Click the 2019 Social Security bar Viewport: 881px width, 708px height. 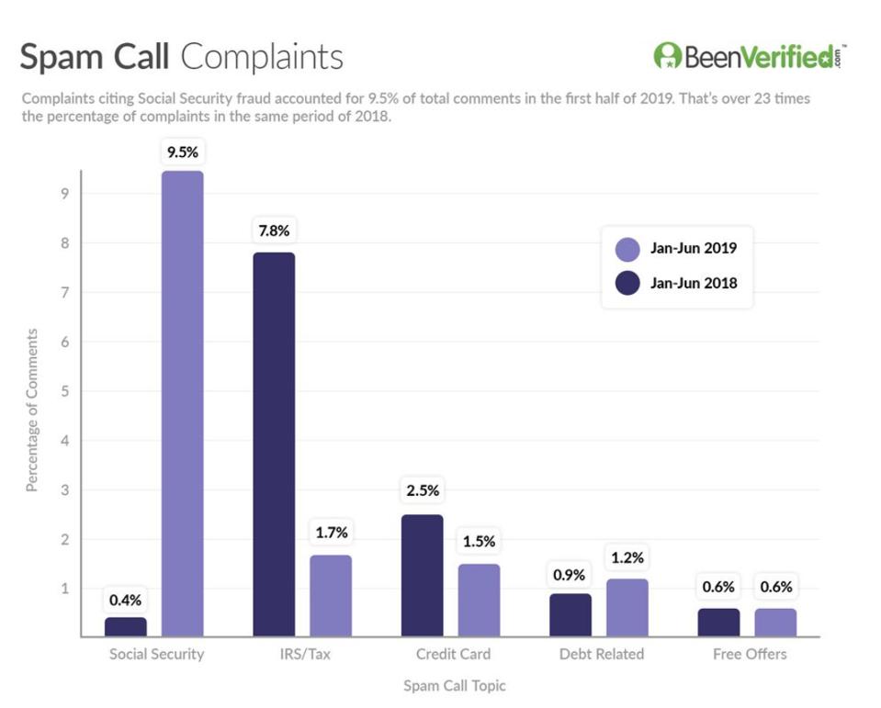tap(182, 403)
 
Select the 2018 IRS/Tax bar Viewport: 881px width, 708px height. tap(274, 444)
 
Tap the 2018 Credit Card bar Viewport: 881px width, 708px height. tap(422, 575)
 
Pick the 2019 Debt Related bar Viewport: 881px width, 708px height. tap(627, 607)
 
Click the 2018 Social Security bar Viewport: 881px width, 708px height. tap(126, 626)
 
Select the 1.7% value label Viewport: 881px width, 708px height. tap(331, 533)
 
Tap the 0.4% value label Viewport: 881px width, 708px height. tap(126, 601)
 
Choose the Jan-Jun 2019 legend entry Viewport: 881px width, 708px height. tap(675, 249)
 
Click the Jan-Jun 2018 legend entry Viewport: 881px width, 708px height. tap(675, 284)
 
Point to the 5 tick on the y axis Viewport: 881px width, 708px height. tap(65, 391)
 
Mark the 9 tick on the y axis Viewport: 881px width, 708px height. tap(65, 194)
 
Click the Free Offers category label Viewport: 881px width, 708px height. tap(750, 655)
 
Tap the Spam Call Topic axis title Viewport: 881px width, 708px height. tap(454, 686)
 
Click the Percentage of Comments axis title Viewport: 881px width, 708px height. tap(32, 410)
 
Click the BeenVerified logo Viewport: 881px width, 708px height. tap(750, 56)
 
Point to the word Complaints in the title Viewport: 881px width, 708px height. tap(261, 57)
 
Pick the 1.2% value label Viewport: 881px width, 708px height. tap(627, 557)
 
